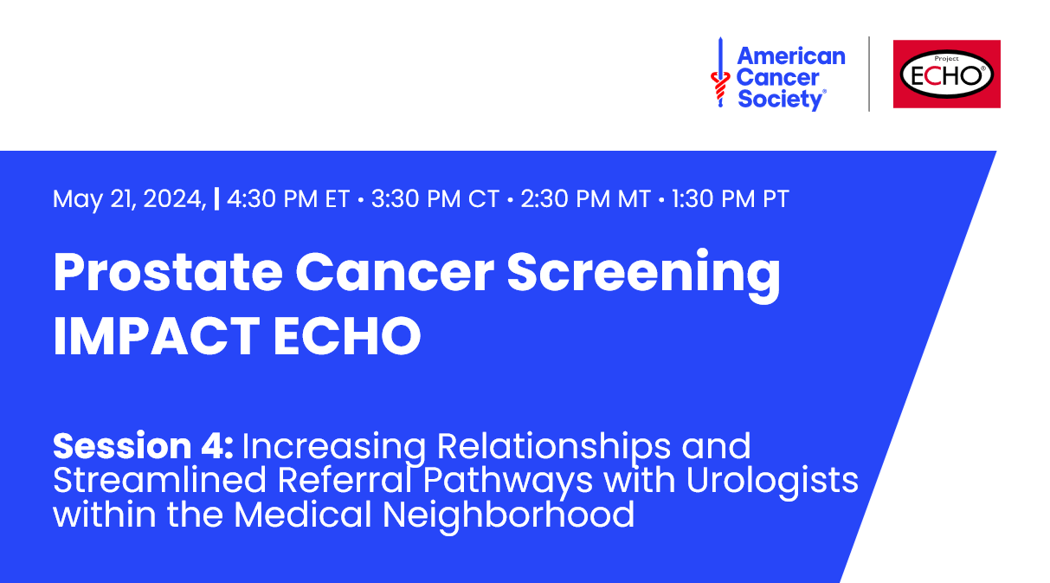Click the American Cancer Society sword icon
tap(718, 73)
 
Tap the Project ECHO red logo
tap(946, 74)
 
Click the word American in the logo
tap(790, 56)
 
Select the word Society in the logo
tap(779, 100)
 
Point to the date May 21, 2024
tap(129, 199)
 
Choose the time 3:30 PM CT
tap(435, 199)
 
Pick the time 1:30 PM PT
tap(730, 199)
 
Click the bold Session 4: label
tap(143, 447)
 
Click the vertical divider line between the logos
tap(869, 74)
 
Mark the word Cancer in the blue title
tap(395, 273)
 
